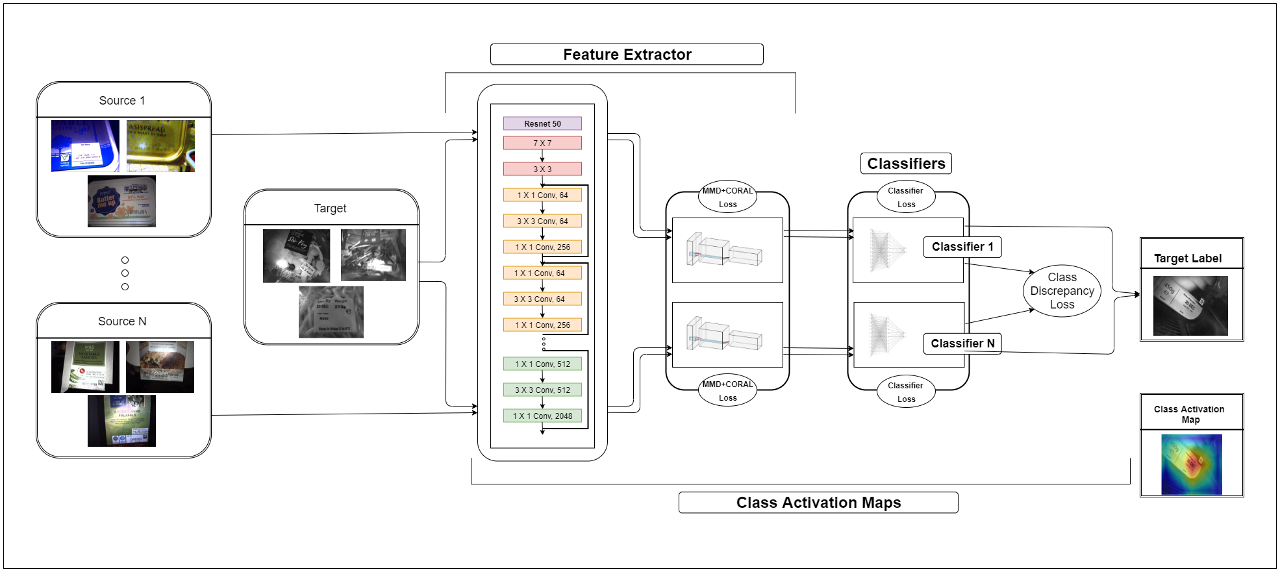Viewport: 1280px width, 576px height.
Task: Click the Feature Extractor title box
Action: [x=627, y=55]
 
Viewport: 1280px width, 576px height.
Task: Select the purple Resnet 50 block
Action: [x=542, y=123]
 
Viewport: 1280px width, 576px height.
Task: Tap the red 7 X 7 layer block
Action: [x=542, y=143]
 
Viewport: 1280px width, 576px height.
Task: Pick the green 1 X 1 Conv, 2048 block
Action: [x=542, y=416]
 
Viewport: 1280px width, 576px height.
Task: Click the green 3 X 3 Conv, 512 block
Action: [x=542, y=390]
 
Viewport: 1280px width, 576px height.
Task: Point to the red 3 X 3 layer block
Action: [x=542, y=169]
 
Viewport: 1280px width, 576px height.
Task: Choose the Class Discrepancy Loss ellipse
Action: [x=1062, y=291]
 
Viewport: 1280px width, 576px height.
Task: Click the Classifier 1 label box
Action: [x=962, y=247]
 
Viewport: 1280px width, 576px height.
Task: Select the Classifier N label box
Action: [x=962, y=344]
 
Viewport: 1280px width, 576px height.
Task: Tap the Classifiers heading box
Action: [x=906, y=164]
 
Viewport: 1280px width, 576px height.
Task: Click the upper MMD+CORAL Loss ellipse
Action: [x=727, y=197]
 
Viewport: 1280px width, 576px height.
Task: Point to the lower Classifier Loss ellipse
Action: [x=906, y=392]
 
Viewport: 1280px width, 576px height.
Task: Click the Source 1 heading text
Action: [x=122, y=101]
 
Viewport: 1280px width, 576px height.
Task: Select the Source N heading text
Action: [x=122, y=321]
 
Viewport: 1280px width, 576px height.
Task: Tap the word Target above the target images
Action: [x=330, y=208]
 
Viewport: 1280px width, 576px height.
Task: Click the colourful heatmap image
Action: [x=1191, y=464]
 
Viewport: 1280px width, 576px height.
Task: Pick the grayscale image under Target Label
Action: [x=1190, y=306]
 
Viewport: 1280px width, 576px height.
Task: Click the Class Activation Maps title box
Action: [x=818, y=503]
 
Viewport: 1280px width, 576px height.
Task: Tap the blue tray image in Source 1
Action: [x=85, y=146]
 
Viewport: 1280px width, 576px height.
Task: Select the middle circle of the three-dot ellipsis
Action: [x=125, y=273]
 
